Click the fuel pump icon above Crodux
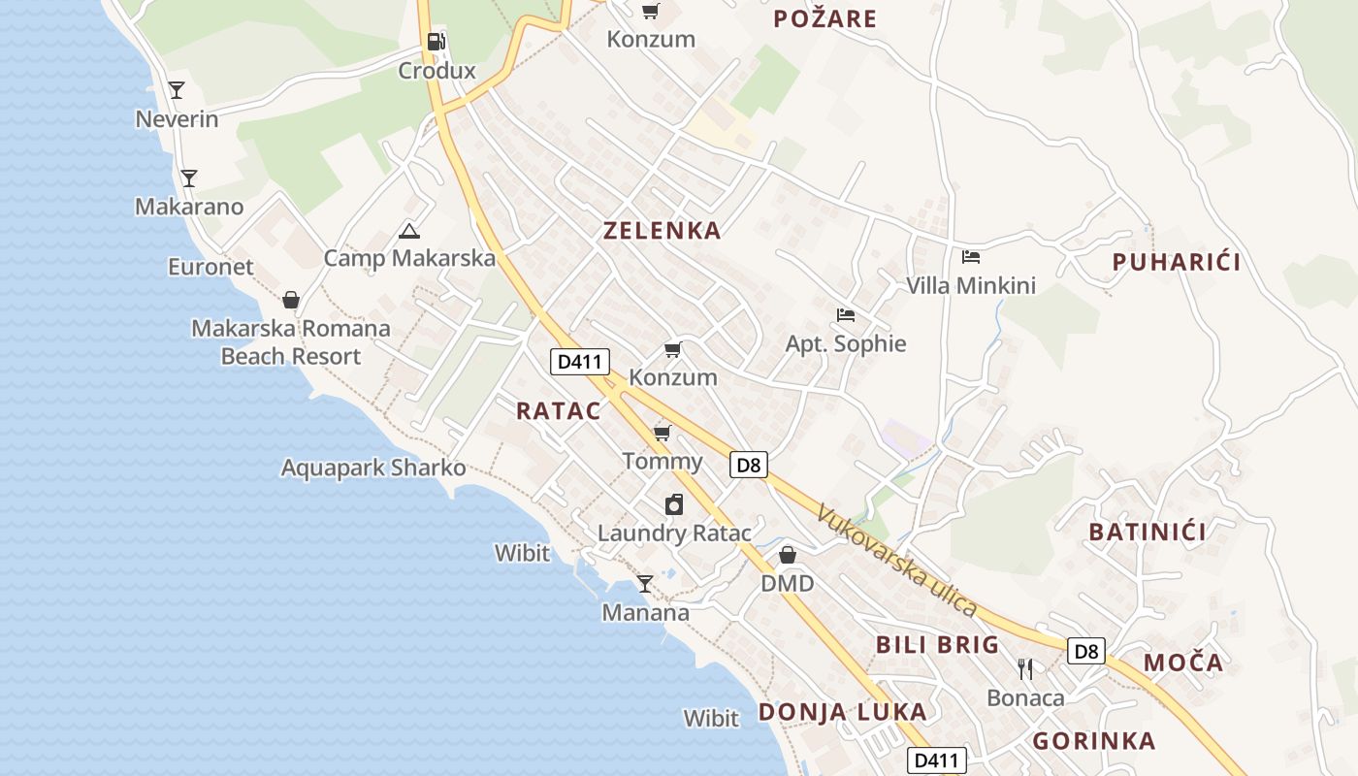pyautogui.click(x=436, y=42)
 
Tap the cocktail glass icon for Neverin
pyautogui.click(x=177, y=90)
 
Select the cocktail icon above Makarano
pyautogui.click(x=189, y=178)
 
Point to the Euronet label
pyautogui.click(x=210, y=267)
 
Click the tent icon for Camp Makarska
pyautogui.click(x=409, y=231)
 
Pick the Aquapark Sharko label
pyautogui.click(x=373, y=468)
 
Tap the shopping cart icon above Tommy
pyautogui.click(x=663, y=433)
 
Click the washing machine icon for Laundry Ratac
pyautogui.click(x=674, y=504)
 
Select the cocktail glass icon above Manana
pyautogui.click(x=645, y=583)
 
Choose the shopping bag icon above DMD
pyautogui.click(x=788, y=555)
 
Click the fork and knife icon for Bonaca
pyautogui.click(x=1025, y=668)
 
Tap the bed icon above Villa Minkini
pyautogui.click(x=971, y=257)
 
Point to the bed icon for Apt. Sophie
pyautogui.click(x=846, y=315)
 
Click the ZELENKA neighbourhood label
pyautogui.click(x=663, y=231)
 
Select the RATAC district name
pyautogui.click(x=559, y=410)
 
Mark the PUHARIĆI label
pyautogui.click(x=1177, y=262)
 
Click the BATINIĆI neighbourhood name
pyautogui.click(x=1148, y=532)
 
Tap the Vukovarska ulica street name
pyautogui.click(x=896, y=561)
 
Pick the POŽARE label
pyautogui.click(x=825, y=18)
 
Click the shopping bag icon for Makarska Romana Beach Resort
pyautogui.click(x=291, y=300)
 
